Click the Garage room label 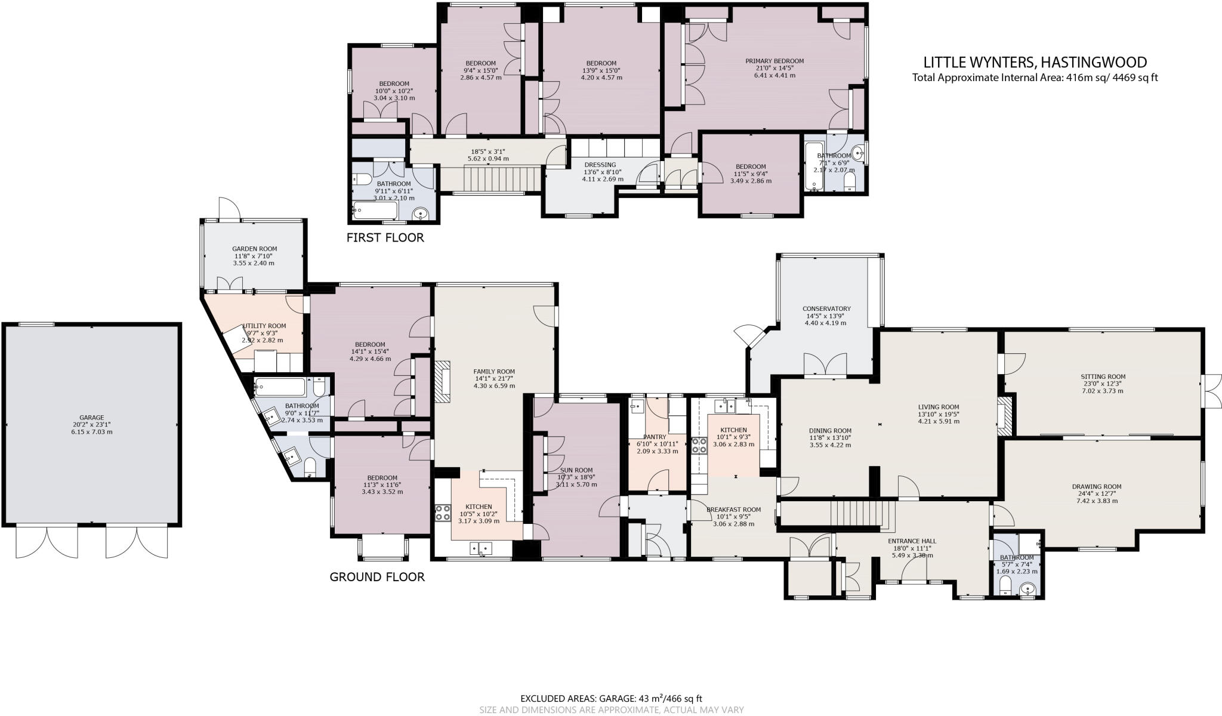pyautogui.click(x=92, y=418)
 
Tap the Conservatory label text pyautogui.click(x=826, y=308)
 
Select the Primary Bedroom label pyautogui.click(x=774, y=61)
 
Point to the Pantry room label pyautogui.click(x=655, y=437)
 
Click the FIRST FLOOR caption pyautogui.click(x=385, y=237)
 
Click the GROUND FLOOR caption pyautogui.click(x=377, y=577)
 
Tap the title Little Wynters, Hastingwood pyautogui.click(x=1035, y=62)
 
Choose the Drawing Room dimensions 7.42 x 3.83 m pyautogui.click(x=1097, y=501)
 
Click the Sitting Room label pyautogui.click(x=1103, y=376)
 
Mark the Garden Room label pyautogui.click(x=254, y=249)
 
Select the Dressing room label pyautogui.click(x=600, y=165)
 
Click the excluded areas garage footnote pyautogui.click(x=611, y=698)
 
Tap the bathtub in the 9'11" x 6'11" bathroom pyautogui.click(x=375, y=210)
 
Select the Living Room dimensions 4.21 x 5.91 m pyautogui.click(x=938, y=421)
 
